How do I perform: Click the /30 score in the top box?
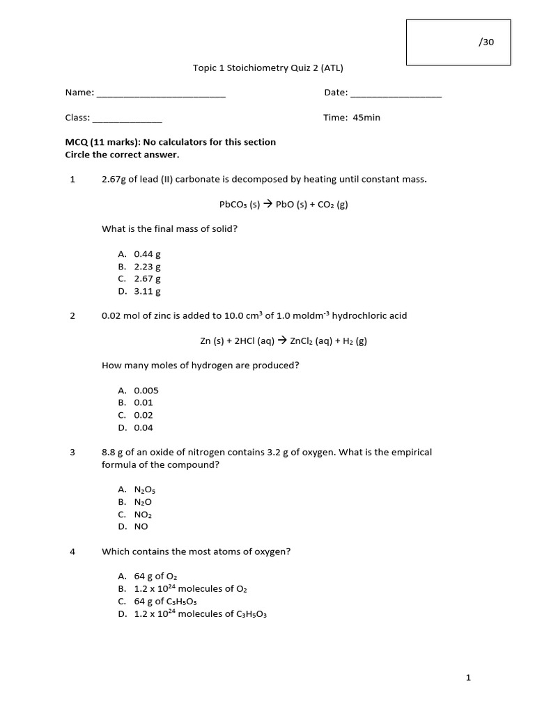tap(486, 42)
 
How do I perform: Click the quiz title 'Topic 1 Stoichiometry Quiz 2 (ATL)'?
tap(267, 68)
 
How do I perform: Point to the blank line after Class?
tap(127, 118)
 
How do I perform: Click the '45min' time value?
tap(366, 118)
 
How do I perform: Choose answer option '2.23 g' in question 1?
tap(147, 267)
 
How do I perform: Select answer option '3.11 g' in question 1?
tap(147, 292)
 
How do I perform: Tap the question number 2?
tap(72, 315)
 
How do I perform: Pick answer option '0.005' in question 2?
tap(146, 391)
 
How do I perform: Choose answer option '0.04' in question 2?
tap(144, 428)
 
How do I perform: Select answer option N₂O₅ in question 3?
tap(145, 489)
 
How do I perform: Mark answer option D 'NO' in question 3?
tap(141, 526)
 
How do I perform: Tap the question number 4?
tap(72, 551)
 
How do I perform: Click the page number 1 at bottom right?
tap(469, 677)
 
